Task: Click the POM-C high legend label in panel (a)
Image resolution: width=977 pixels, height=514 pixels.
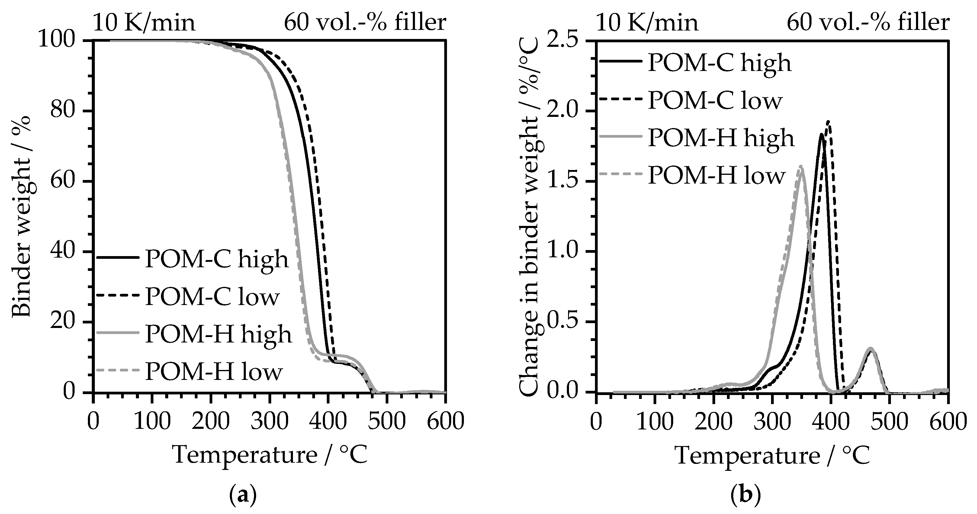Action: (217, 259)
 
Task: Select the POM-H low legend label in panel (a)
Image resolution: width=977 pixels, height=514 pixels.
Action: (214, 372)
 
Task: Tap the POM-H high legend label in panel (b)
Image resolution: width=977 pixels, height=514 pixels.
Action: (721, 138)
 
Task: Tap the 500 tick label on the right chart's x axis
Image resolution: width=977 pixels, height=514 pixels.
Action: (890, 422)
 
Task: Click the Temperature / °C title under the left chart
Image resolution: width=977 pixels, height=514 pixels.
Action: (270, 455)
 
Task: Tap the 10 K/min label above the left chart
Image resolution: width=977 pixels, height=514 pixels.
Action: (144, 23)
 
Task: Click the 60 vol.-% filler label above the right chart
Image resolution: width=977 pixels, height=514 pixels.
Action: (868, 23)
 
